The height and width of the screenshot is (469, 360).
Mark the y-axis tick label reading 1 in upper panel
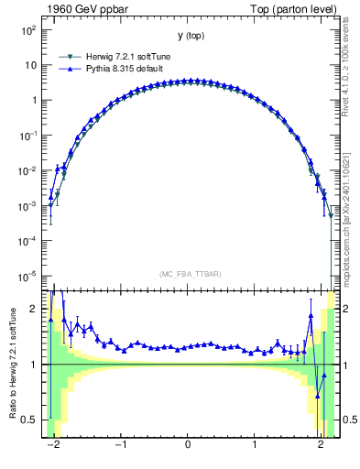click(34, 101)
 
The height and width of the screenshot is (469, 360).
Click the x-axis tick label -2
click(53, 448)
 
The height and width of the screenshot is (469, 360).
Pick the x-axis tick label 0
click(188, 448)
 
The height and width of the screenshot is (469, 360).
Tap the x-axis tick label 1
click(255, 448)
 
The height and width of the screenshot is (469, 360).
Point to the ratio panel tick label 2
click(34, 310)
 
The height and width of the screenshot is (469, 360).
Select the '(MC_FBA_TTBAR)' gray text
click(188, 274)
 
